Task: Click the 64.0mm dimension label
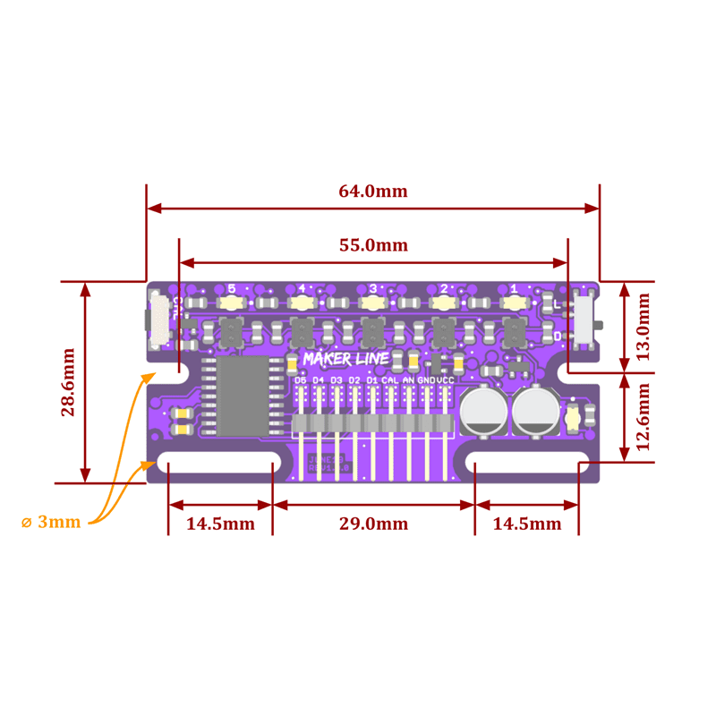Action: pos(372,191)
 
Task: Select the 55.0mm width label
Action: pos(372,245)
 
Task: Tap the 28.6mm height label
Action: pos(68,382)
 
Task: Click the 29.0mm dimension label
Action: pos(372,524)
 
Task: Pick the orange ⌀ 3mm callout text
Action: pos(51,522)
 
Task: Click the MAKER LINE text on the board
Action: pos(345,359)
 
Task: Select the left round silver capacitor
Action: pos(483,412)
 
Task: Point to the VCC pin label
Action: pos(445,379)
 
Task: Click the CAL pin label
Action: pos(390,379)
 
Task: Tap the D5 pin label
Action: pos(300,379)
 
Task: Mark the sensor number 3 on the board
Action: pos(372,288)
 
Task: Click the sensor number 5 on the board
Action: pos(231,288)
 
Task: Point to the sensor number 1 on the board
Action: pos(514,288)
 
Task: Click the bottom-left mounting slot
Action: pos(219,465)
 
